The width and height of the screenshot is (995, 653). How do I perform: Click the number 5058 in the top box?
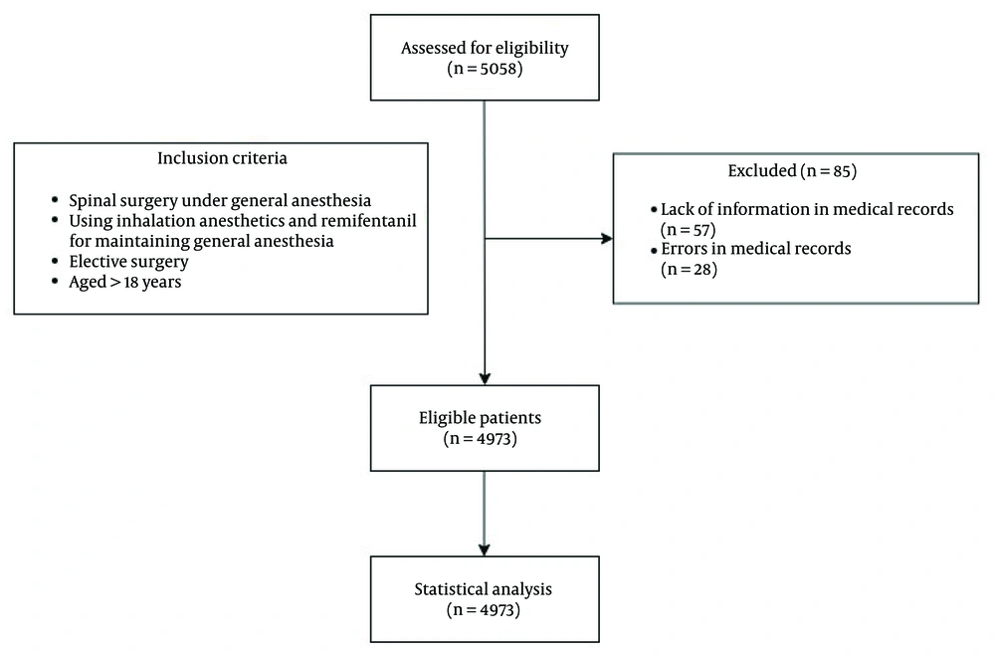(x=500, y=69)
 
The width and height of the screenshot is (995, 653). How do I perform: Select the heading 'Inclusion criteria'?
(x=222, y=158)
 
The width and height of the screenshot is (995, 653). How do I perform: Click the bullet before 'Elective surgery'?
(x=56, y=262)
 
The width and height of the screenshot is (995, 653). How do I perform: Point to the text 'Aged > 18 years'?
(x=125, y=282)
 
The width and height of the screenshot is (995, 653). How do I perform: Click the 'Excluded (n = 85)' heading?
(x=792, y=170)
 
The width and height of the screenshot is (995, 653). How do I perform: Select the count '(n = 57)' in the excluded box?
(x=689, y=230)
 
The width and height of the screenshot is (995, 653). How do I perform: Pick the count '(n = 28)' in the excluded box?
(x=690, y=269)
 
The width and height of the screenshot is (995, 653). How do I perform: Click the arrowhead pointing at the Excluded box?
(x=607, y=239)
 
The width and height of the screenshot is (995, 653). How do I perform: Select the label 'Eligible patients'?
(x=480, y=417)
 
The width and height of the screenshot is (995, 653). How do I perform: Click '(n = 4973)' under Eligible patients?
(x=481, y=439)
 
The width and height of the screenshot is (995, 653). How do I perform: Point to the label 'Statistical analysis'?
(x=483, y=589)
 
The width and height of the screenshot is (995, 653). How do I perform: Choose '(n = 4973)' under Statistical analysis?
(x=483, y=610)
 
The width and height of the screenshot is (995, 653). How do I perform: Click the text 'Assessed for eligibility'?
(x=485, y=48)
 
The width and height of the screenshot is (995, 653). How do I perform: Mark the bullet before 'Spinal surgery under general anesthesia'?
(x=56, y=200)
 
